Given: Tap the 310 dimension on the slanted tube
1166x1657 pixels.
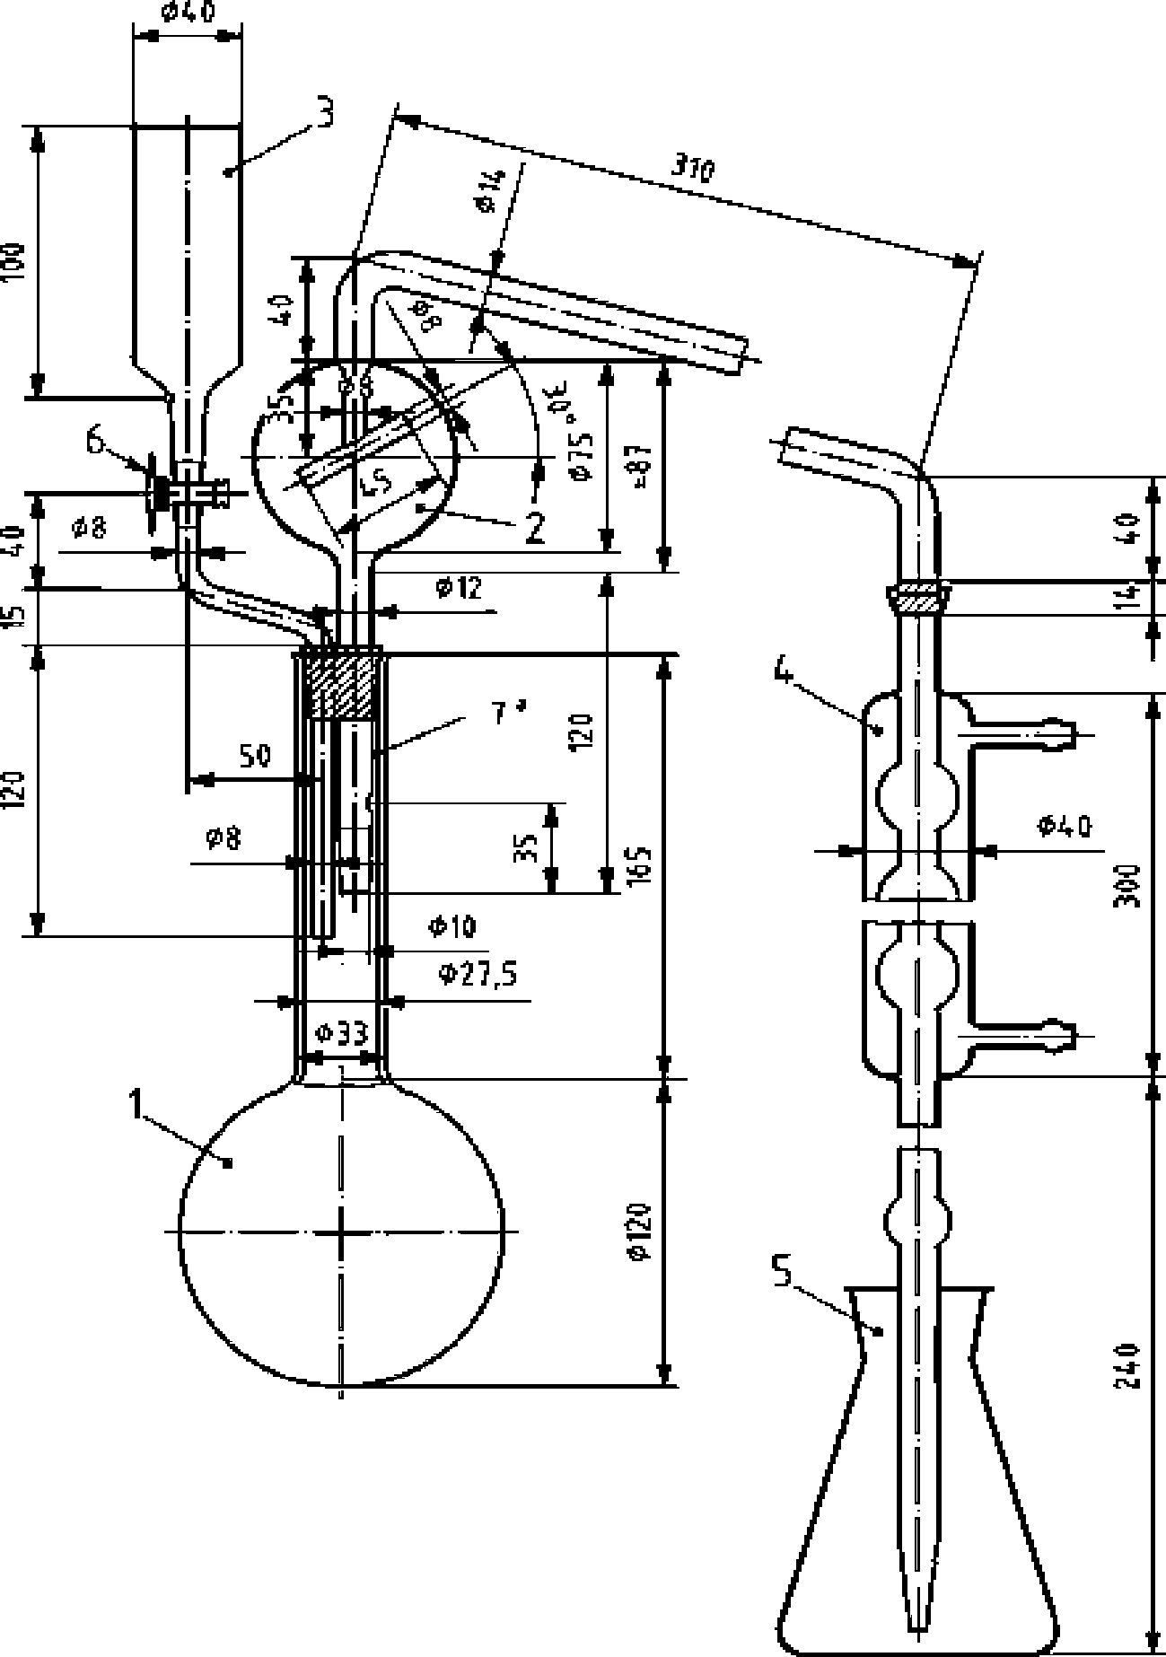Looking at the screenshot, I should pos(692,168).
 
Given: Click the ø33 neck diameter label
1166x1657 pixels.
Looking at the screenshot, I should pos(342,1035).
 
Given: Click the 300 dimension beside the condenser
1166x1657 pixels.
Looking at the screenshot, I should pos(1128,886).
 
